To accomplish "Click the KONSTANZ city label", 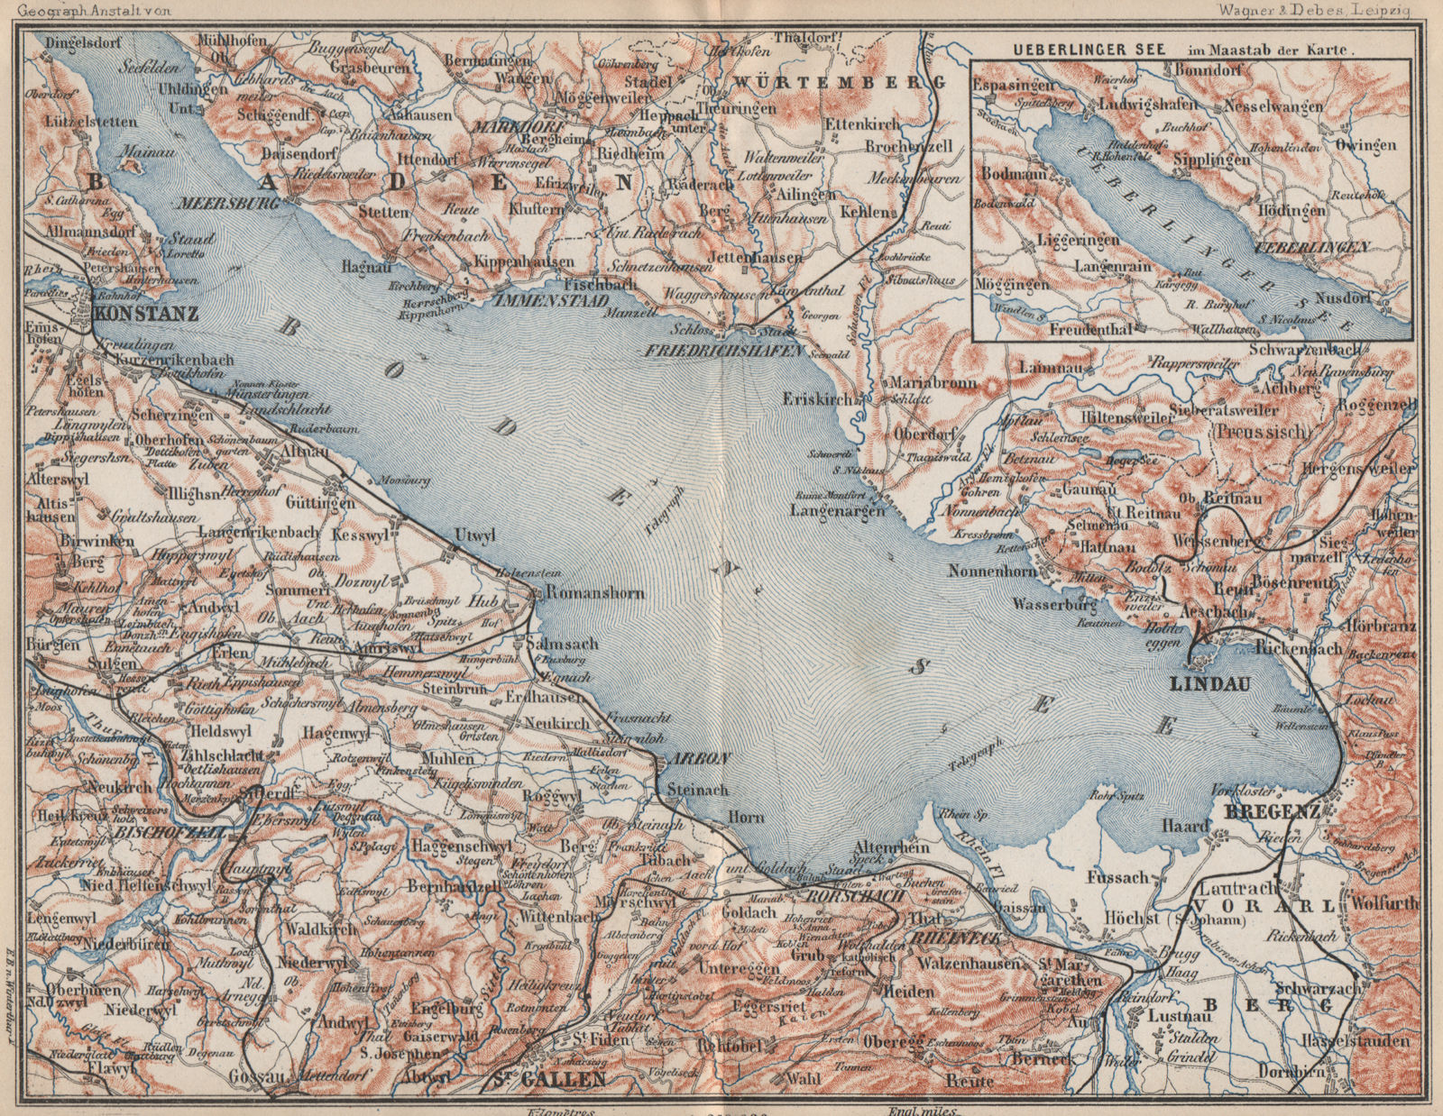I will [146, 316].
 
